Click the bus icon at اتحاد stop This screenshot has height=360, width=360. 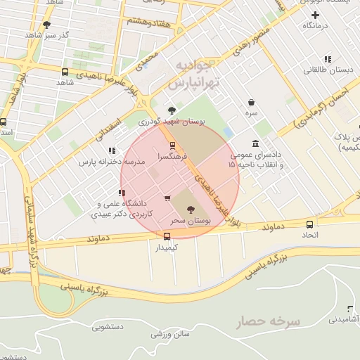(310, 224)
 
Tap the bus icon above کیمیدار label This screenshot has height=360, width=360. (167, 237)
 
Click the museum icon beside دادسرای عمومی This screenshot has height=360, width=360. (255, 143)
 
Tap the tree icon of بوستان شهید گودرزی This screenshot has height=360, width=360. (172, 110)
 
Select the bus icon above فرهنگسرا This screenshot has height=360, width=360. (173, 146)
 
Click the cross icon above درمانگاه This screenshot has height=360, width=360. (315, 15)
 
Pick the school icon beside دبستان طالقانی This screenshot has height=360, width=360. (327, 60)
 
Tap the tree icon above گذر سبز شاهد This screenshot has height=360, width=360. (47, 25)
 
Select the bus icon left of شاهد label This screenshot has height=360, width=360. (65, 72)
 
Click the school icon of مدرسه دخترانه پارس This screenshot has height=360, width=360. (112, 150)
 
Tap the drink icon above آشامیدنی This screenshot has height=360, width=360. (350, 309)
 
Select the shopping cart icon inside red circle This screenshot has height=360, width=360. (167, 198)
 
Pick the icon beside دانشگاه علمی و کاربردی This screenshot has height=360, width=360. (122, 193)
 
